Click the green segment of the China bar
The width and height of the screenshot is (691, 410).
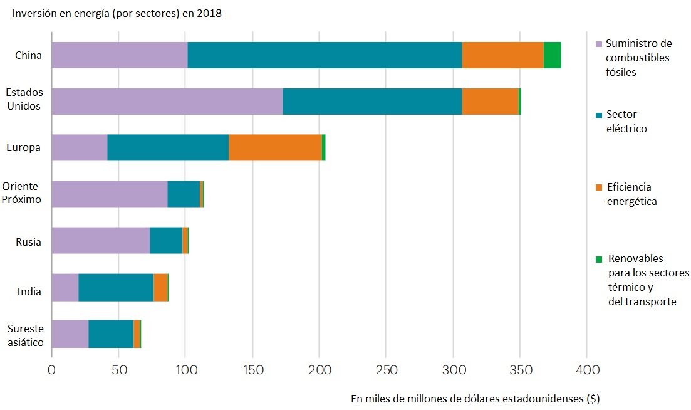(x=552, y=55)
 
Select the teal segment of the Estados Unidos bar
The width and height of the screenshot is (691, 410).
(x=372, y=102)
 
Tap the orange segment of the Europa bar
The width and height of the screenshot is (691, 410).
(x=275, y=147)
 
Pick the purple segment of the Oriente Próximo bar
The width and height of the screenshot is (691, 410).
(x=109, y=194)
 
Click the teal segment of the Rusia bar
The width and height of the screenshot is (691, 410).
(x=166, y=240)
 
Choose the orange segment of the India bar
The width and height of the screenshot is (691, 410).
(x=160, y=286)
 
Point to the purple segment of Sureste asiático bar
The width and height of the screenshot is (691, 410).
(x=70, y=333)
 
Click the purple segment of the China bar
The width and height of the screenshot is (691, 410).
(x=119, y=55)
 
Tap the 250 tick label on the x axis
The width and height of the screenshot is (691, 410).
(x=386, y=370)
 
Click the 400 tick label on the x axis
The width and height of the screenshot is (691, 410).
(x=586, y=370)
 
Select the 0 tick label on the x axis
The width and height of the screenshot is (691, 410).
(x=51, y=370)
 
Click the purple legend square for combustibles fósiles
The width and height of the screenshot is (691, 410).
(x=598, y=45)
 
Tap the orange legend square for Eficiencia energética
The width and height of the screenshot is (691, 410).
(x=598, y=187)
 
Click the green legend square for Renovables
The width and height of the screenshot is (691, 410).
(x=598, y=259)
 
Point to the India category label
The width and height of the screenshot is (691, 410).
(x=29, y=292)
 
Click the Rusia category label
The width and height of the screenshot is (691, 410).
(x=28, y=242)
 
